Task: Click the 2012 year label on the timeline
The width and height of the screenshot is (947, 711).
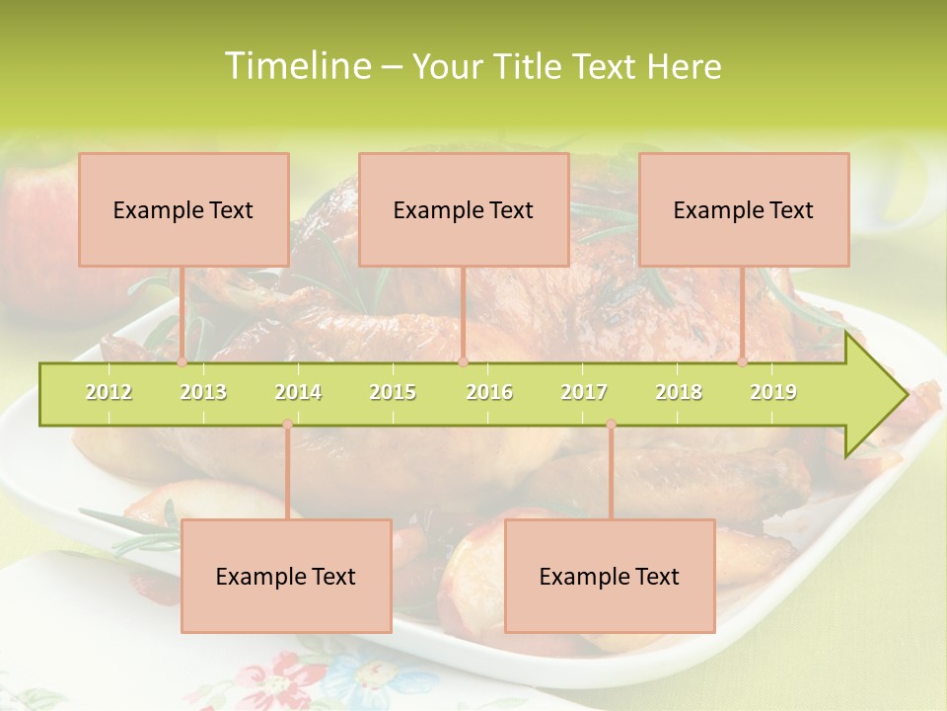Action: pyautogui.click(x=109, y=392)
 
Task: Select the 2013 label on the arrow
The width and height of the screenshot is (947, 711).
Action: pyautogui.click(x=203, y=392)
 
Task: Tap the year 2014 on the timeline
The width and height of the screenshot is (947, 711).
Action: pyautogui.click(x=298, y=392)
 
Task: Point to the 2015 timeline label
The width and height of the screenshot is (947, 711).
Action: pyautogui.click(x=393, y=392)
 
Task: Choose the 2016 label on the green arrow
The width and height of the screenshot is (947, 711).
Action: pyautogui.click(x=489, y=392)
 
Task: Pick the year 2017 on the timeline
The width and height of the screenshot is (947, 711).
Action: pyautogui.click(x=584, y=392)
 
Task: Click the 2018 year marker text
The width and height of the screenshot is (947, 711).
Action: pyautogui.click(x=679, y=392)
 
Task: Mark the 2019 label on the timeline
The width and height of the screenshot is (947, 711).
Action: pyautogui.click(x=773, y=392)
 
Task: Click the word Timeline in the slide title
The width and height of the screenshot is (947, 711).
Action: pyautogui.click(x=296, y=66)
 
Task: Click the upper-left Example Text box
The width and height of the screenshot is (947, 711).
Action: pyautogui.click(x=183, y=209)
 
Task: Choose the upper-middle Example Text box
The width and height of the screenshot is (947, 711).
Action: pyautogui.click(x=464, y=209)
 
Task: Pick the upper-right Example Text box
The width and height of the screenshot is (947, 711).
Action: pyautogui.click(x=744, y=209)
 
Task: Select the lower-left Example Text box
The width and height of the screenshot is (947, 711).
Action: pyautogui.click(x=286, y=576)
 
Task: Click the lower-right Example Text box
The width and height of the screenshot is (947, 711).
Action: pyautogui.click(x=610, y=576)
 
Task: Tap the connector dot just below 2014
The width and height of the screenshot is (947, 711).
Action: pyautogui.click(x=287, y=425)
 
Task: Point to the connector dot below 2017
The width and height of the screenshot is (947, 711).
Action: pyautogui.click(x=611, y=425)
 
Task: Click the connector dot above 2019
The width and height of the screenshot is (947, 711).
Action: pyautogui.click(x=743, y=362)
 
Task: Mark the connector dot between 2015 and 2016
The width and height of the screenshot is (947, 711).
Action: pyautogui.click(x=463, y=362)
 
